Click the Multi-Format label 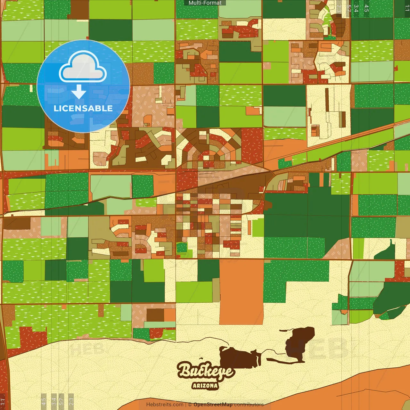point(205,3)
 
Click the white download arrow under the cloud point(79,92)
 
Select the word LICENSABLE point(83,108)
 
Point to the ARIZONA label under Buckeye point(205,386)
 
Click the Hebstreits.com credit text point(165,405)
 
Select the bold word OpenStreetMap point(213,405)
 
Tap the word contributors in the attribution point(249,405)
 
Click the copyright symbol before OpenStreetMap point(190,405)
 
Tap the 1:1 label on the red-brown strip point(3,402)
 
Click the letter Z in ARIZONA point(203,386)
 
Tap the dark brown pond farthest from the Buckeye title point(299,344)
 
